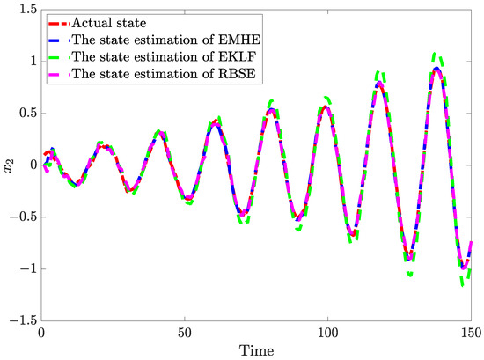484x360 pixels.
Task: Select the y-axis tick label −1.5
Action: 23,320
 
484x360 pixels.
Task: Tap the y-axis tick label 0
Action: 32,165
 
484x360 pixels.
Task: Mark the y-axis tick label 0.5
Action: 27,113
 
